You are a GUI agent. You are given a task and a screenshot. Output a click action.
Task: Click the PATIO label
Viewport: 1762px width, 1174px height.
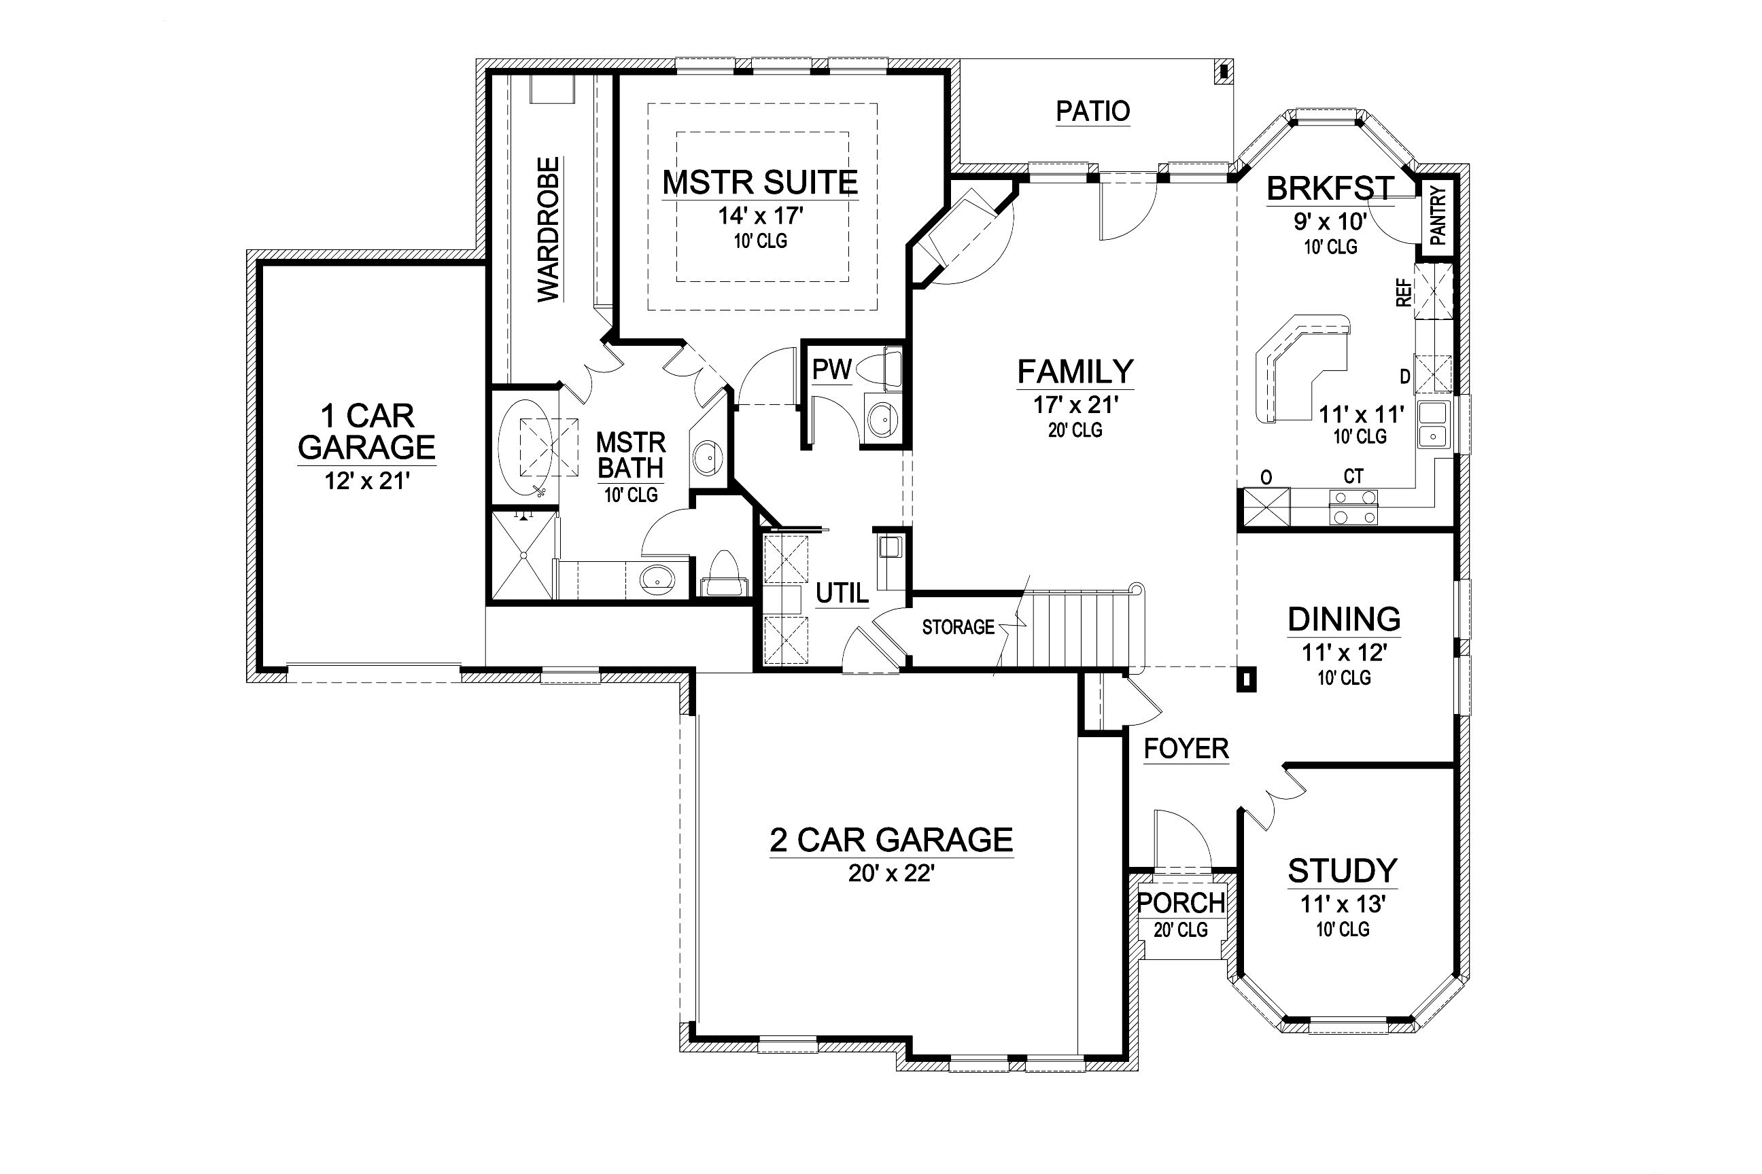coord(1093,111)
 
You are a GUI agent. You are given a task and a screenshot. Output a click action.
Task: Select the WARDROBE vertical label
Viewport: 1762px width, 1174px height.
coord(549,229)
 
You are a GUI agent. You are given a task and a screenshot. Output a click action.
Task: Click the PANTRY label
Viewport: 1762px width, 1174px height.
coord(1438,215)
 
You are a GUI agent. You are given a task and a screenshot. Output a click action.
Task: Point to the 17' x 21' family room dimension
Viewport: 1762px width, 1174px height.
coord(1076,405)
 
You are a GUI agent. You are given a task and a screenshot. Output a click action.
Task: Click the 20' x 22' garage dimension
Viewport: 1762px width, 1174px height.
coord(891,873)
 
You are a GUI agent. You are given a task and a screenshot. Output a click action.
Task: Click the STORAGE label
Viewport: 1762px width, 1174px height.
coord(958,626)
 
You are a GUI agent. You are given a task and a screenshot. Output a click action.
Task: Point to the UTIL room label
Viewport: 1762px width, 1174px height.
coord(842,594)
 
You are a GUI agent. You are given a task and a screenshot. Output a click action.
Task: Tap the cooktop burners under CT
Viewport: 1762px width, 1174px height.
coord(1353,507)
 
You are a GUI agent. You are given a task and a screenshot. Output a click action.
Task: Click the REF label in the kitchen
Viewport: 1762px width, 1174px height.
coord(1404,293)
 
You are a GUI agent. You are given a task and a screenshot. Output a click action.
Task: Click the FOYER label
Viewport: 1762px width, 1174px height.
coord(1187,749)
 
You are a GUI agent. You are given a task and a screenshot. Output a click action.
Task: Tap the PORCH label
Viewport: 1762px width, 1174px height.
coord(1181,903)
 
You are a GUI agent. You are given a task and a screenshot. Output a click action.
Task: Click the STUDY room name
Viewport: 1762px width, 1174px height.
coord(1343,871)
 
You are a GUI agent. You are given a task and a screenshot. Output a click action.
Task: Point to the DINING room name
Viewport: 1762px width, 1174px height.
coord(1344,619)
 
